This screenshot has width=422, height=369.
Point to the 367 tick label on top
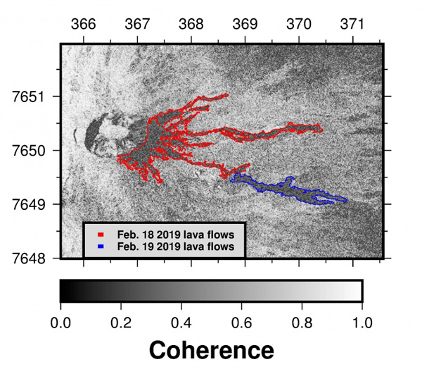[138, 23]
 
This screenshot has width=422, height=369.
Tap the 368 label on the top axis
[191, 23]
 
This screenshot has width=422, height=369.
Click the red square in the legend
[101, 233]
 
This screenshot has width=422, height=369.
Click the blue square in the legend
[101, 246]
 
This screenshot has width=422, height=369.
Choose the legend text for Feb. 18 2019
[176, 233]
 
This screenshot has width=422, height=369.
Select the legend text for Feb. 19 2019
[176, 246]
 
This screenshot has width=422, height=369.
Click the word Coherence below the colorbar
[211, 349]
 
